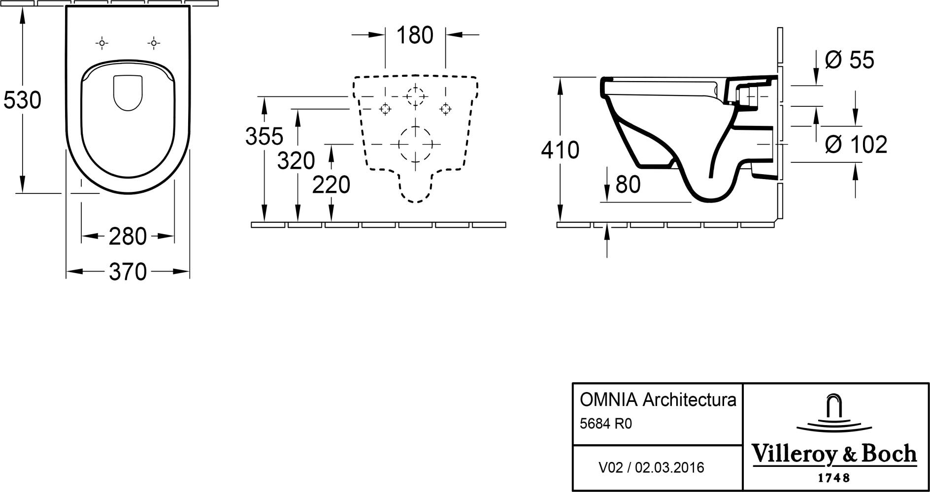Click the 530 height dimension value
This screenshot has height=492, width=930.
tap(22, 100)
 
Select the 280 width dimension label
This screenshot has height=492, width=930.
tap(128, 237)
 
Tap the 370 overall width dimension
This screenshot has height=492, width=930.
tap(128, 272)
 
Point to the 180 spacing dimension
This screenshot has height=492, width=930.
tap(415, 35)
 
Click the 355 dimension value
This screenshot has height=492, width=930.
tap(265, 136)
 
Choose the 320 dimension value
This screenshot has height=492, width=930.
tap(296, 160)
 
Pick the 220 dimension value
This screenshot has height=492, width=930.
tap(332, 185)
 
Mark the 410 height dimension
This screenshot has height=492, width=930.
tap(560, 150)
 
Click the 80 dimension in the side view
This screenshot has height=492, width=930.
tap(628, 184)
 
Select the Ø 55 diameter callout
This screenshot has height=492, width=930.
tap(849, 60)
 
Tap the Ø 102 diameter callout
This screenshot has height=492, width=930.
tap(856, 144)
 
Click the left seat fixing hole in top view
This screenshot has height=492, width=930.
tap(101, 44)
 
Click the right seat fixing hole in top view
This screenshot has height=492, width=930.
tap(154, 44)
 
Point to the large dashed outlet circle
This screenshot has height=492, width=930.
tap(415, 144)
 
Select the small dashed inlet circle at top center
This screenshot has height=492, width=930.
tap(416, 95)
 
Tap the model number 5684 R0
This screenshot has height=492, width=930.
tap(605, 424)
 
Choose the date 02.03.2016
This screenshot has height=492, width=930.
tap(669, 467)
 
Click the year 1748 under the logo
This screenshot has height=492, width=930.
tap(833, 478)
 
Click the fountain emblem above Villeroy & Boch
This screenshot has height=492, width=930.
tap(833, 413)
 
